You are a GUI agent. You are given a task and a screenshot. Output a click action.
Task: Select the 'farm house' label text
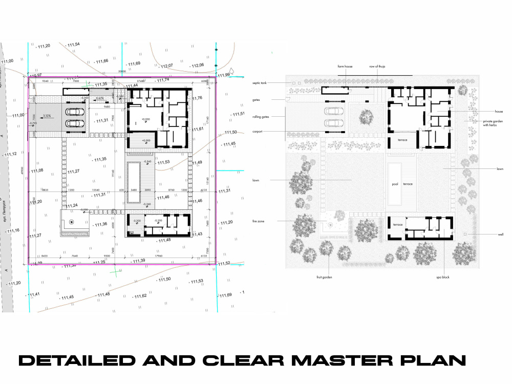coord(345,67)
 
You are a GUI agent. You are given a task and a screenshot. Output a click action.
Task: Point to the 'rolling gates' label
coord(261,116)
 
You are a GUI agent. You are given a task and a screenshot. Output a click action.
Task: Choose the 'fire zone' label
coord(259,221)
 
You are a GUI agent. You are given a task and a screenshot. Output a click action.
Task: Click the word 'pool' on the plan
coord(395,184)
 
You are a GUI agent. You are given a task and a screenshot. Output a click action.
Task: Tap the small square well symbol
coord(465,233)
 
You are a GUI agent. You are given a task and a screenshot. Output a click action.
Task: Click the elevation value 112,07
coord(167,66)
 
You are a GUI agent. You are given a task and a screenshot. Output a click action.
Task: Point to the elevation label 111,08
coord(37,170)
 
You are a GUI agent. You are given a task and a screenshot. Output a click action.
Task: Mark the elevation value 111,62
coord(140,296)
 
